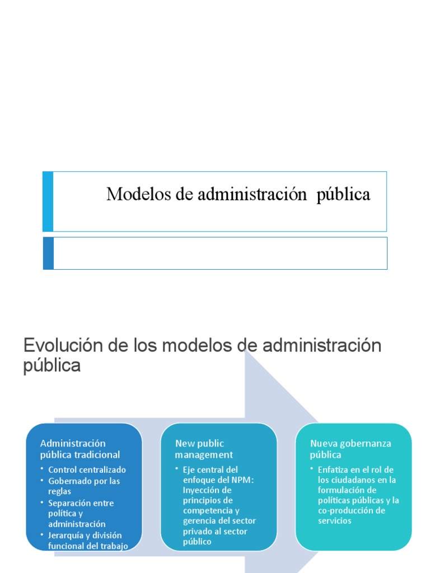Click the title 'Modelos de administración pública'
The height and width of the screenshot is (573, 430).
(x=238, y=195)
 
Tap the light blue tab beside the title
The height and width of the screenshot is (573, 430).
(x=48, y=201)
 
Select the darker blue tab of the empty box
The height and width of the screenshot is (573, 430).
(x=48, y=253)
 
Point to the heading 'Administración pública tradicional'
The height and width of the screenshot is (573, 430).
(x=80, y=449)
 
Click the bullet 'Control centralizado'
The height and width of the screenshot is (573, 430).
(x=87, y=469)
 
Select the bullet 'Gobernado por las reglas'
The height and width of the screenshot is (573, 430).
(x=84, y=486)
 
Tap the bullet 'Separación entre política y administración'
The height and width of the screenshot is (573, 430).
(x=81, y=513)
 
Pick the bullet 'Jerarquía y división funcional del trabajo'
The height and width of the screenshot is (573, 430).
(x=88, y=541)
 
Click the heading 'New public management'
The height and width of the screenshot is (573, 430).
(x=204, y=449)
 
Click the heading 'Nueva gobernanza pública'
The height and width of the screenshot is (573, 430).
(x=350, y=449)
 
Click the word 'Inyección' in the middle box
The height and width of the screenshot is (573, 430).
(x=199, y=490)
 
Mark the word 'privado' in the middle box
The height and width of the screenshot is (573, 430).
(x=196, y=531)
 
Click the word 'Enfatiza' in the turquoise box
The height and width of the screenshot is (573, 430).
(x=333, y=469)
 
